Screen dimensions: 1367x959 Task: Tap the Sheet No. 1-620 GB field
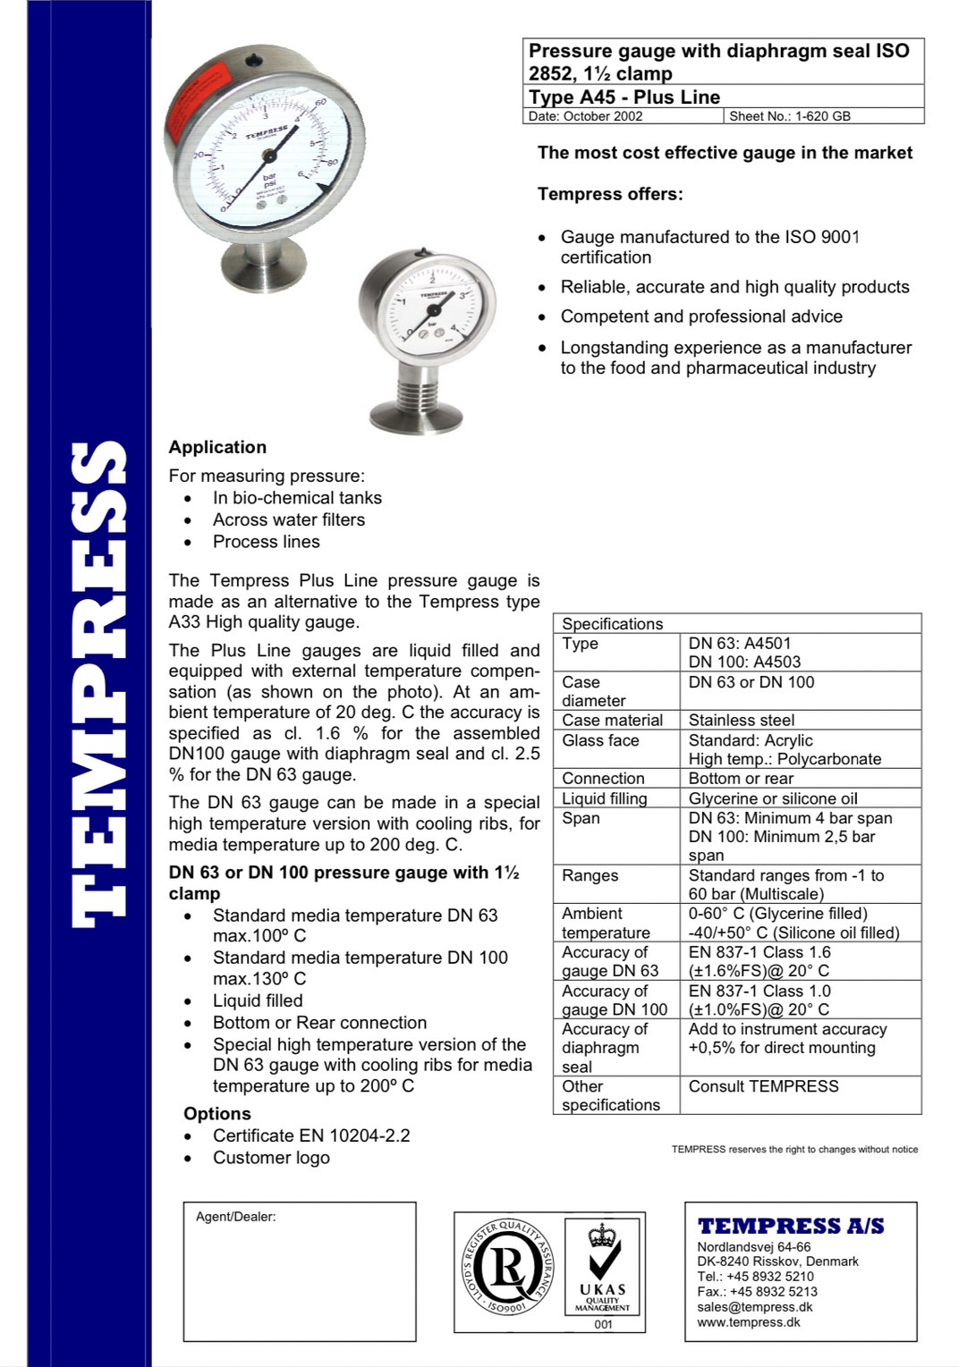(789, 116)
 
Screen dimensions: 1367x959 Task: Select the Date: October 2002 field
(585, 116)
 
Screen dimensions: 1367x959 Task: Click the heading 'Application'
(217, 447)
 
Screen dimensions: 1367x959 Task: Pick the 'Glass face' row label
(600, 740)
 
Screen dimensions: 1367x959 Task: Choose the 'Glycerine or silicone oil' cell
(772, 798)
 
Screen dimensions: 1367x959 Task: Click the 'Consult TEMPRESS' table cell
(763, 1086)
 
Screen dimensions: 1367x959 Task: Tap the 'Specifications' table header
(612, 623)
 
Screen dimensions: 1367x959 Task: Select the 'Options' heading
(217, 1113)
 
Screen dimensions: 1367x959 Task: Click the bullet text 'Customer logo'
(271, 1158)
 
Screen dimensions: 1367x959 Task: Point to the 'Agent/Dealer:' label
(235, 1217)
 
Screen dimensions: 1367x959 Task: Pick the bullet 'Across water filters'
(288, 519)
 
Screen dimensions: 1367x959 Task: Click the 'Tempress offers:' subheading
(609, 194)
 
